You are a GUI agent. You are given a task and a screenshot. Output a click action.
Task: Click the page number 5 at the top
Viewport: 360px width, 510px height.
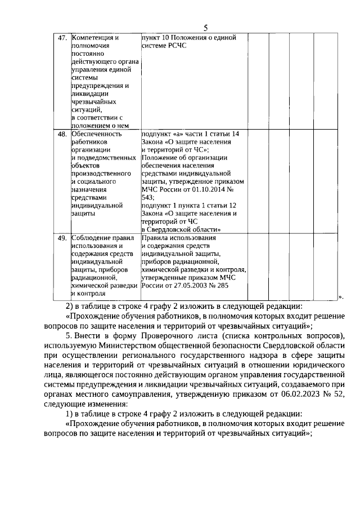[205, 28]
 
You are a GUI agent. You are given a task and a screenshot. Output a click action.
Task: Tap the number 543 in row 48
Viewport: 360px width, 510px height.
[148, 198]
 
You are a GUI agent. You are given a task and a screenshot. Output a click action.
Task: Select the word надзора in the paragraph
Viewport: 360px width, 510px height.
[225, 354]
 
